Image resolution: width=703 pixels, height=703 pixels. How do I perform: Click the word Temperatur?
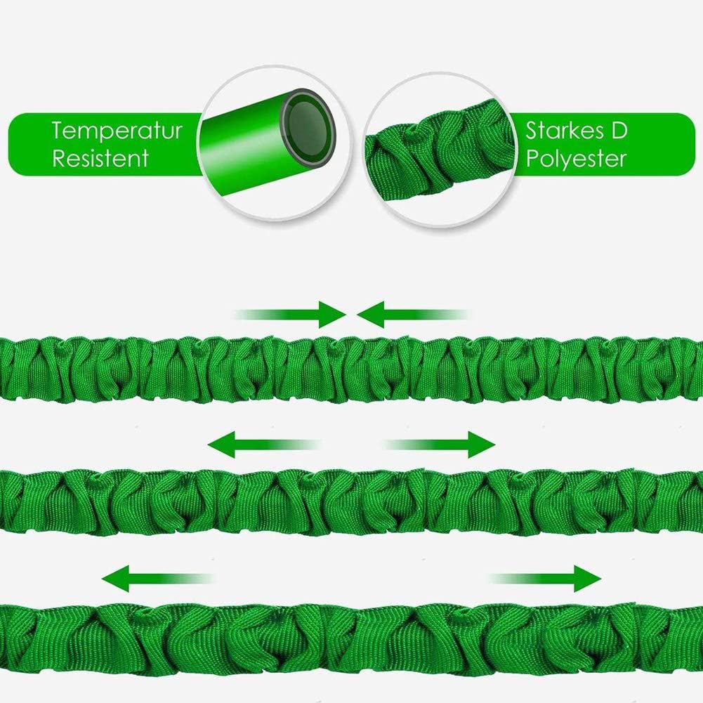coord(117,131)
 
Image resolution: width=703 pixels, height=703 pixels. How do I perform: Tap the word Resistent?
coord(100,157)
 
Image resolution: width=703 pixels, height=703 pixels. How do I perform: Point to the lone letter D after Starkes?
coord(619,131)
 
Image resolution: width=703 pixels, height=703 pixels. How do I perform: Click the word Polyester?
coord(576,159)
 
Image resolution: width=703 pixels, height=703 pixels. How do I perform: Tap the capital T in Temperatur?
coord(58,131)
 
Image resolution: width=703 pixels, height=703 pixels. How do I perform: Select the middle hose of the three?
coord(351,500)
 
